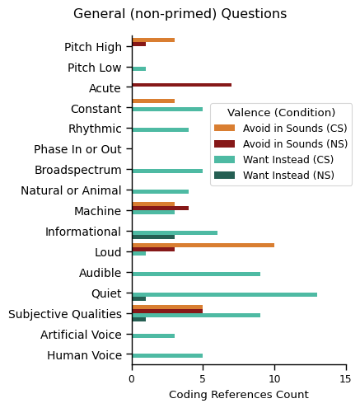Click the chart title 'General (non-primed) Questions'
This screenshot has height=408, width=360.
coord(180,14)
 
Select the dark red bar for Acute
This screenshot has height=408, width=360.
coord(181,85)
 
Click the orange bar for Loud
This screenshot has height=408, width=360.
coord(203,245)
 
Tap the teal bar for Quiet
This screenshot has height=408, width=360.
coord(224,294)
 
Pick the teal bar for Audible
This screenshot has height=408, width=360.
coord(196,274)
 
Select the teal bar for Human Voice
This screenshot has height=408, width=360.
coord(167,356)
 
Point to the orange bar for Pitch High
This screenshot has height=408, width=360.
coord(153,40)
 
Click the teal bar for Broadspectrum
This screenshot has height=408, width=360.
coord(167,171)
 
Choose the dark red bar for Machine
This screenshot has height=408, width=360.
coord(160,208)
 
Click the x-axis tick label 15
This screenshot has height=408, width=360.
coord(345,378)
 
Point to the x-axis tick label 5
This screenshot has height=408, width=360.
coord(203,378)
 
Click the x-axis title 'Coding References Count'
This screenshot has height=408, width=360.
coord(238,395)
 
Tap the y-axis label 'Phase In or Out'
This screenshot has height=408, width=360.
coord(78,149)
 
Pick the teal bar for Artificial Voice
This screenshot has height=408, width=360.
coord(153,335)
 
